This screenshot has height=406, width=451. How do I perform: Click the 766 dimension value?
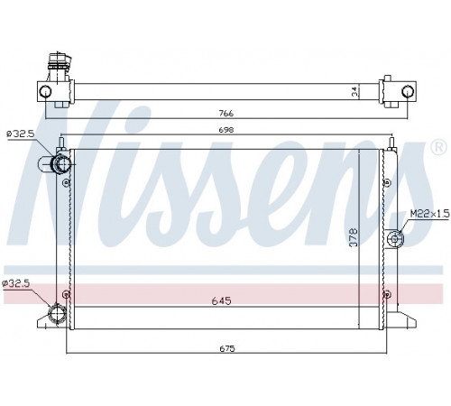pyautogui.click(x=226, y=114)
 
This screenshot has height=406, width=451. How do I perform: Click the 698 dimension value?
pyautogui.click(x=226, y=130)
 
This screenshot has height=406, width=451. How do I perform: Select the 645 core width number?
pyautogui.click(x=221, y=300)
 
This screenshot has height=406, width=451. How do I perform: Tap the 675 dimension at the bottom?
pyautogui.click(x=227, y=349)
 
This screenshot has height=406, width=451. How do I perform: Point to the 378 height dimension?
pyautogui.click(x=354, y=237)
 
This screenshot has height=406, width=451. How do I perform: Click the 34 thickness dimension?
pyautogui.click(x=354, y=91)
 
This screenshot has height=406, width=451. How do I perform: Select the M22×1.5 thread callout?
pyautogui.click(x=430, y=214)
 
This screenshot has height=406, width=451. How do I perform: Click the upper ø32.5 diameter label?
pyautogui.click(x=21, y=134)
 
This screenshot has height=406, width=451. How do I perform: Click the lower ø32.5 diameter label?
pyautogui.click(x=16, y=283)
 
